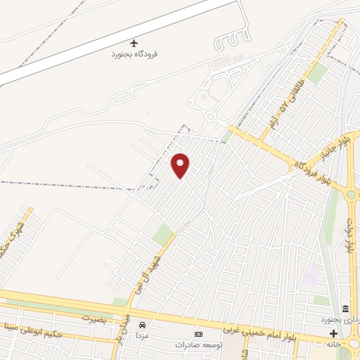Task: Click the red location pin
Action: tap(181, 165)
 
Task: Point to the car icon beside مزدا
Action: tap(143, 325)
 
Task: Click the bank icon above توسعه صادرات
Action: tap(198, 334)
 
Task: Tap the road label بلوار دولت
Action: tap(349, 236)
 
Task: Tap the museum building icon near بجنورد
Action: tap(345, 309)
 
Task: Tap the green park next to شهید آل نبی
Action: tap(163, 235)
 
